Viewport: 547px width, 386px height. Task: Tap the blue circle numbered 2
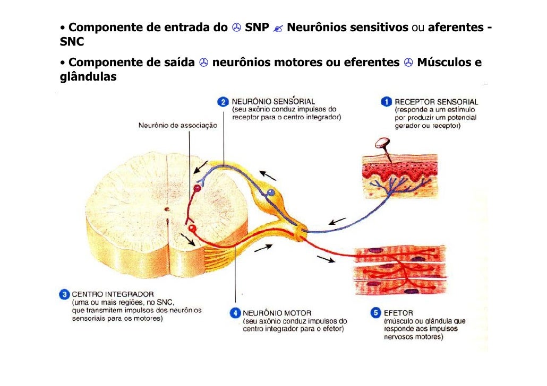point(223,101)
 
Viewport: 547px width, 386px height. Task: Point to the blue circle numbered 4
point(235,313)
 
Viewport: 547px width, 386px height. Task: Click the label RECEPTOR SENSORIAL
point(436,101)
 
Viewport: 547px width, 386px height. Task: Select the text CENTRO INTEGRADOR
point(113,294)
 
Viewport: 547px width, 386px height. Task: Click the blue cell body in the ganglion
point(270,192)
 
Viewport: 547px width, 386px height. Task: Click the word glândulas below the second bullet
point(88,77)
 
